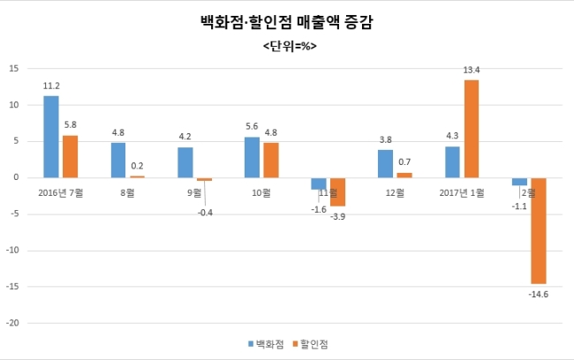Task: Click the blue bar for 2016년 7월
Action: tap(51, 137)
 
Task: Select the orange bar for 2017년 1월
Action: tap(472, 129)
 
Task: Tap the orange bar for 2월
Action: tap(539, 231)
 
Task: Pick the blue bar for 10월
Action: tap(252, 157)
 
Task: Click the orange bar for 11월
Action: tap(338, 192)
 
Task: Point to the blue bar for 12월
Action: tap(386, 164)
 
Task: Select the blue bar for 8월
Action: tap(118, 161)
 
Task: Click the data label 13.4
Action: tap(472, 70)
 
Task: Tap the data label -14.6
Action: tap(539, 295)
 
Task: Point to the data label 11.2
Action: tap(51, 86)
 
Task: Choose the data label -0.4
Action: tap(205, 213)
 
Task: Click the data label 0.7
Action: tap(404, 161)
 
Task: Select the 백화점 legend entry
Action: tap(266, 344)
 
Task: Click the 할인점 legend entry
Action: tap(311, 344)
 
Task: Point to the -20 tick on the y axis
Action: tap(12, 323)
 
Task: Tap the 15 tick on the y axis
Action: tap(14, 69)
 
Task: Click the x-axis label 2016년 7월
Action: tap(61, 193)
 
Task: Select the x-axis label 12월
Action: tap(395, 193)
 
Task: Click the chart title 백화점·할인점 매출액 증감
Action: tap(287, 22)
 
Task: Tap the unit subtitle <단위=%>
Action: tap(290, 47)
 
